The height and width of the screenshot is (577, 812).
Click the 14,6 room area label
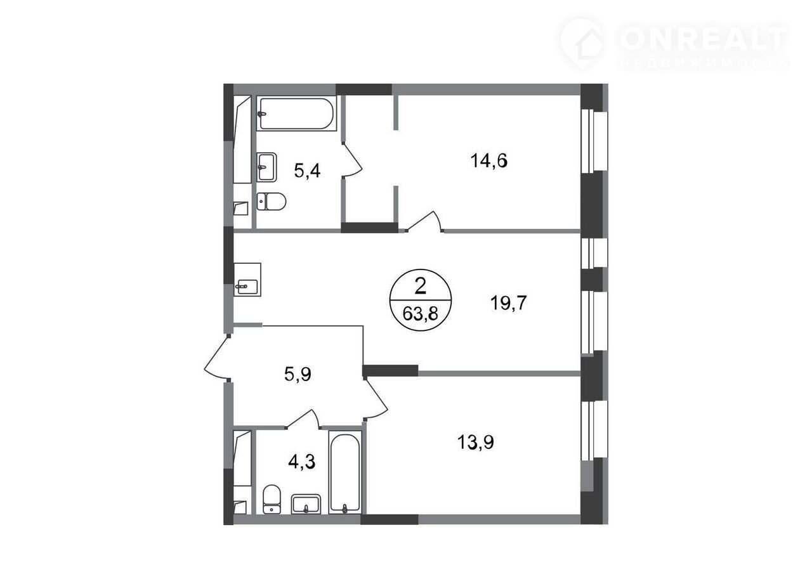[x=488, y=160]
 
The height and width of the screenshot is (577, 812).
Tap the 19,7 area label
[x=508, y=302]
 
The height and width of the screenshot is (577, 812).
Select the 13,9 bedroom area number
[x=476, y=442]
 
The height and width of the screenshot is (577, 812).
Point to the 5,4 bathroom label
[x=307, y=171]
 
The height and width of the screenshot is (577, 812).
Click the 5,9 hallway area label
[x=298, y=374]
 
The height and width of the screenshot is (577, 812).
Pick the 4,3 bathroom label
[x=301, y=462]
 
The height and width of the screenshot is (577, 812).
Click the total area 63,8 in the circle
[x=420, y=314]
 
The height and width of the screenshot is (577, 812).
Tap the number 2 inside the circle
[x=420, y=287]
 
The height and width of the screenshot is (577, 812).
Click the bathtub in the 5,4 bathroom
[x=296, y=113]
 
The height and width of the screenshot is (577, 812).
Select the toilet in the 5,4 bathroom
[x=272, y=202]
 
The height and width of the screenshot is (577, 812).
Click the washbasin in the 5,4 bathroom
[x=267, y=167]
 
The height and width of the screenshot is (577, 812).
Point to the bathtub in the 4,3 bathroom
[x=345, y=472]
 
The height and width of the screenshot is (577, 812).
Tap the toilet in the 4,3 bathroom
[x=272, y=499]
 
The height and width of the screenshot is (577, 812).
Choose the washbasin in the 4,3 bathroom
[x=306, y=504]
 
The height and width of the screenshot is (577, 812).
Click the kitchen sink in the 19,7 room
[x=247, y=280]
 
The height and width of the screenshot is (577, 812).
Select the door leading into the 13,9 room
[x=376, y=399]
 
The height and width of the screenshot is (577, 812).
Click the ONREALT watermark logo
[x=673, y=44]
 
